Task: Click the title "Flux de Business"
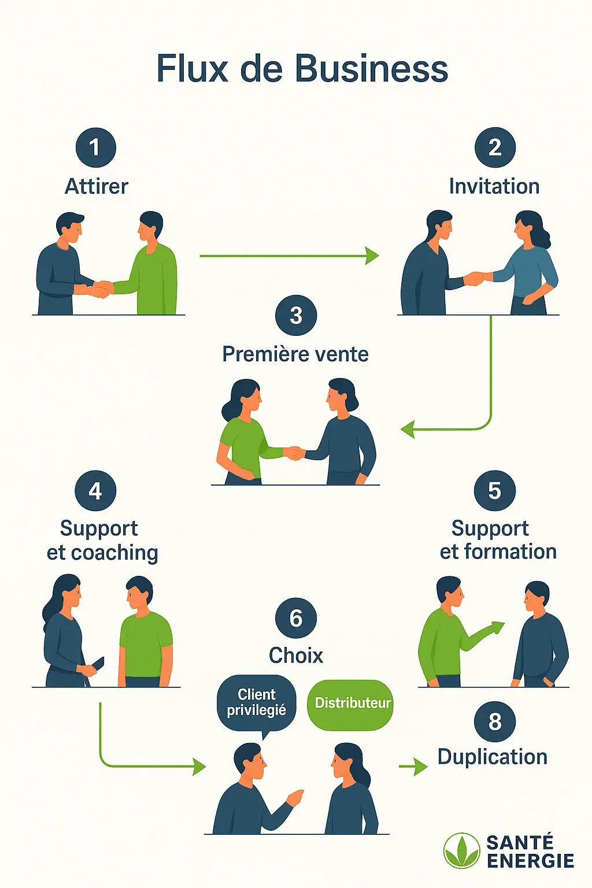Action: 302,68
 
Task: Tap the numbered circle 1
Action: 95,147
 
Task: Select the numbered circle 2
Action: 495,147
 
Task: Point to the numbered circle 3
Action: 296,316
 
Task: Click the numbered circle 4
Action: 95,491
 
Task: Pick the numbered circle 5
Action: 495,491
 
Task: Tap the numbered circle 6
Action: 296,618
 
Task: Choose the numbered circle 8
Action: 495,721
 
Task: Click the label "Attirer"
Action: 97,186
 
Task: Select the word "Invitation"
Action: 494,186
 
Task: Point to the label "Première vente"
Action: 295,354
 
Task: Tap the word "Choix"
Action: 296,655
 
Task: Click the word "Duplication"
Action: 493,757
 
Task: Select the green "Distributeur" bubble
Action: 350,703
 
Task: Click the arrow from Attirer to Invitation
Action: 289,256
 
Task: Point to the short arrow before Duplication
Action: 413,766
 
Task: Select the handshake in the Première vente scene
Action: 294,453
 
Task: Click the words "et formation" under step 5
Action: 498,552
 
